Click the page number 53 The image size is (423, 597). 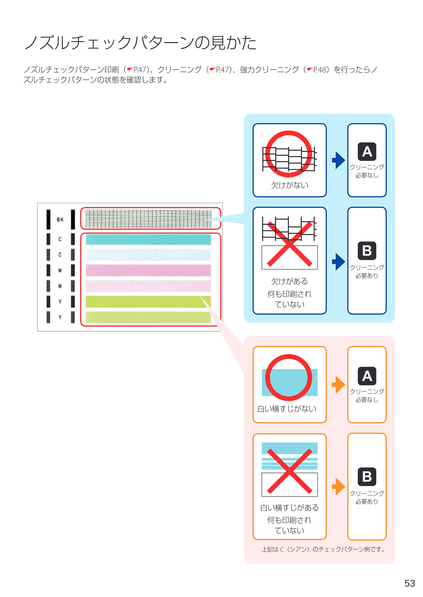tap(409, 583)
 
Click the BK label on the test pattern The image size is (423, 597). tap(60, 220)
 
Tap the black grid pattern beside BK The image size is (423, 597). tap(148, 219)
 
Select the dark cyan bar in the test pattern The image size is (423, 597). tap(148, 239)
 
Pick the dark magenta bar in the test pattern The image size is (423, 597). tap(148, 270)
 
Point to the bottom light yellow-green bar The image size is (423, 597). tap(148, 317)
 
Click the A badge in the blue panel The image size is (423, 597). tap(367, 152)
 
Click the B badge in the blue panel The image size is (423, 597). tap(367, 251)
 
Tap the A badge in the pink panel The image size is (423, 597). tap(367, 376)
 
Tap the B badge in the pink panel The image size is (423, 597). tap(367, 477)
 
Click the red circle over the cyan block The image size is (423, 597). tap(289, 355)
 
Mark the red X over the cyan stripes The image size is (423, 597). tap(289, 471)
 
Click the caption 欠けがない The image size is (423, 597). tap(290, 185)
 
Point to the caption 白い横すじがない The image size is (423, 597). tap(287, 409)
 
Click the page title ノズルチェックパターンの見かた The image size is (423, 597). tap(140, 42)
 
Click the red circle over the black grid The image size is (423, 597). tap(289, 131)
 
